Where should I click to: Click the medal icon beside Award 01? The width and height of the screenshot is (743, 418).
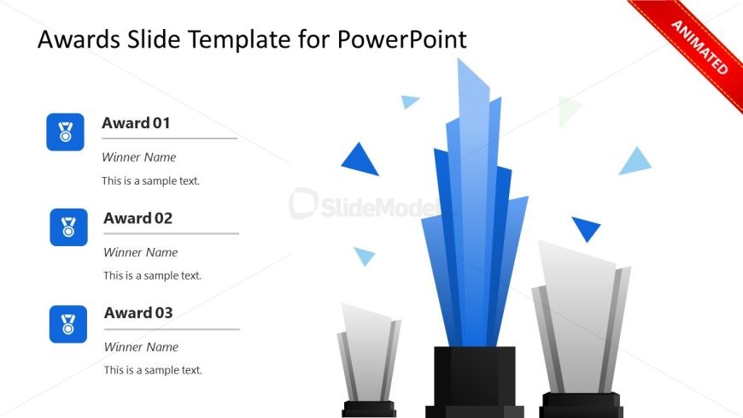(65, 132)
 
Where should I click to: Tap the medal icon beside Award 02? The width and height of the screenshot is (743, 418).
(68, 227)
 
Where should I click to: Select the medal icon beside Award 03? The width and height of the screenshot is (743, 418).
(68, 324)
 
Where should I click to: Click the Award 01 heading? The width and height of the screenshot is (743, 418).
(136, 123)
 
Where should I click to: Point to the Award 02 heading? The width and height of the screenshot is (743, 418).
(137, 218)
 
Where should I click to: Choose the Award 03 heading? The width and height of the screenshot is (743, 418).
(138, 313)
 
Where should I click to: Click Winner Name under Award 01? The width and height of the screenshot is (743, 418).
(138, 157)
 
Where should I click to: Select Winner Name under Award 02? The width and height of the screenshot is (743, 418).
(140, 252)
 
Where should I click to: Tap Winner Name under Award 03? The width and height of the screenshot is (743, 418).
(141, 347)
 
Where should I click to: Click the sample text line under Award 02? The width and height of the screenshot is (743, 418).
(152, 276)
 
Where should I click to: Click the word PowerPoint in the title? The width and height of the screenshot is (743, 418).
(401, 39)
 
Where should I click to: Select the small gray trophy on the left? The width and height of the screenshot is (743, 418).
(368, 350)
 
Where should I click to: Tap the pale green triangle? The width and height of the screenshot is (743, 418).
(568, 110)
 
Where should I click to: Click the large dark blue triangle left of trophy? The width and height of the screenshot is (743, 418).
(360, 161)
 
